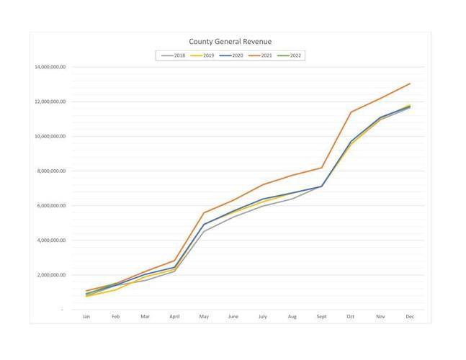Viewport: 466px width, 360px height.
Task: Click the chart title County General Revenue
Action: point(230,42)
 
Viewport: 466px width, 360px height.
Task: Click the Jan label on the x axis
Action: point(86,317)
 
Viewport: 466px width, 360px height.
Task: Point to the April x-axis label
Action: point(174,317)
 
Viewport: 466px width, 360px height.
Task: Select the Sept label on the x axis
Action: point(321,317)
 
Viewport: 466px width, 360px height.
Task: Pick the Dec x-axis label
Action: point(410,317)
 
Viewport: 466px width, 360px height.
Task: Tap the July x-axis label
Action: point(263,317)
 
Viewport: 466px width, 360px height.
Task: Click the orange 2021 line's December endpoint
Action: point(410,84)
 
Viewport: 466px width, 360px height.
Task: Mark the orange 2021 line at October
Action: point(351,112)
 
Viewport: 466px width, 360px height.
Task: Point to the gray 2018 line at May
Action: point(204,231)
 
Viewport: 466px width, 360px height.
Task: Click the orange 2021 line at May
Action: point(204,212)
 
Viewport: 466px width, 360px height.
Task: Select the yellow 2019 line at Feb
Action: point(116,289)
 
